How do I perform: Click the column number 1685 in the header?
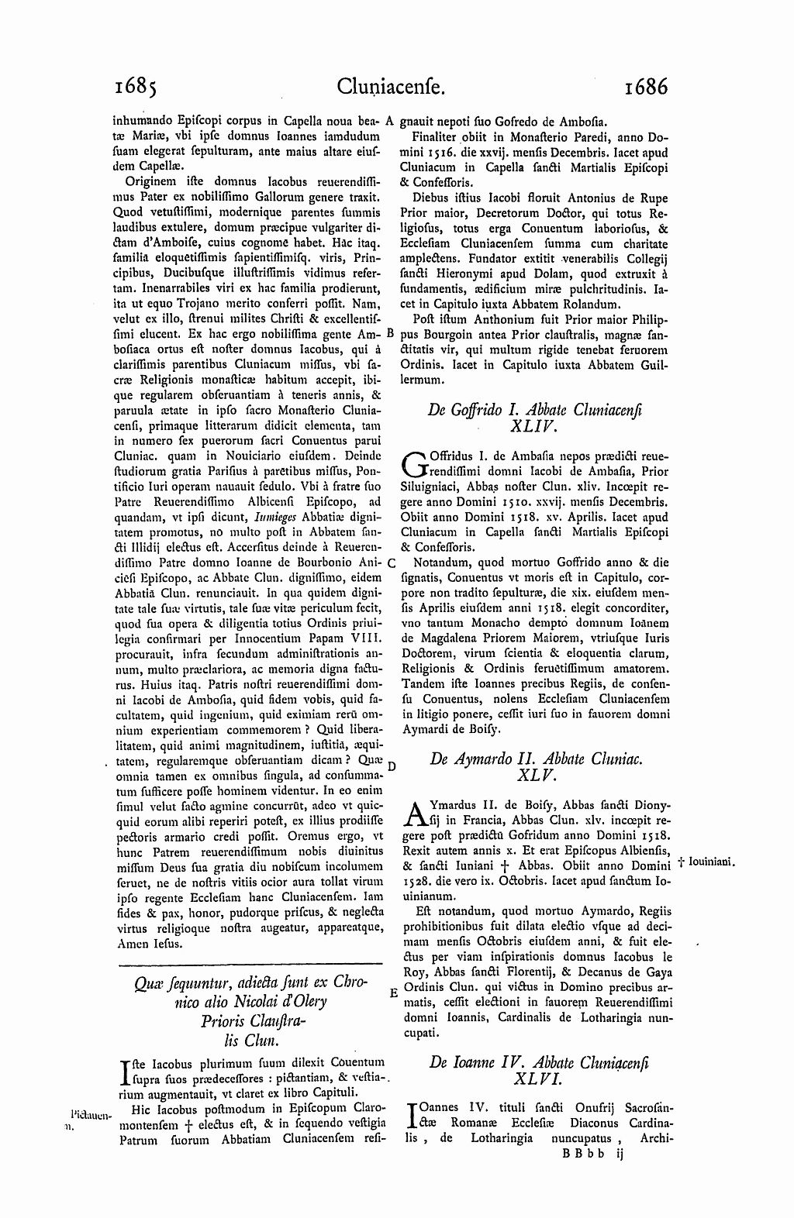pos(135,86)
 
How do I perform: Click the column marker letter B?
pos(391,334)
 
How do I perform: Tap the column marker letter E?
pos(392,993)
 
